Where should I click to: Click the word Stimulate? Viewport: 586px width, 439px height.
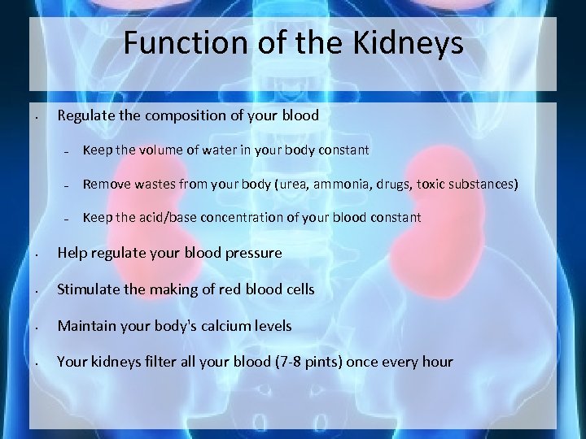(89, 289)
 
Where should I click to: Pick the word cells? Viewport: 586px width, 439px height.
(297, 289)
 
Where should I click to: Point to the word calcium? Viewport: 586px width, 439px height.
(211, 326)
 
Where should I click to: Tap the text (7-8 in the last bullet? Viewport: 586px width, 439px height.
(282, 362)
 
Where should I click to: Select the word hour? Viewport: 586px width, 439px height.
(435, 362)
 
